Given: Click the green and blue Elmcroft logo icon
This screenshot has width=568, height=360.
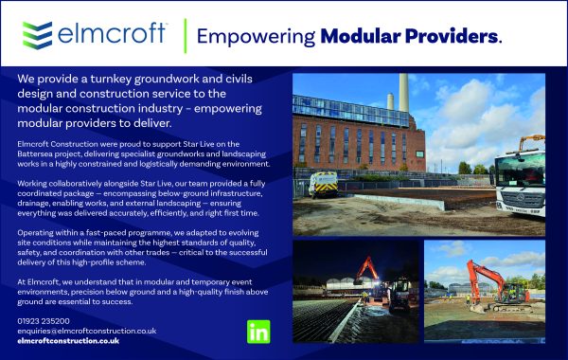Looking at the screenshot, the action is tap(37, 35).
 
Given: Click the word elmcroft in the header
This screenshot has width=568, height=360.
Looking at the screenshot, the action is tap(111, 34).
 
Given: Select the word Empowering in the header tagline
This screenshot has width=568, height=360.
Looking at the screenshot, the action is tap(256, 37).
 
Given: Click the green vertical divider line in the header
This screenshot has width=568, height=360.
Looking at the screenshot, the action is tap(186, 36).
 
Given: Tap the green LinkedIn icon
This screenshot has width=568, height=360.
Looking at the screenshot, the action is tap(258, 332).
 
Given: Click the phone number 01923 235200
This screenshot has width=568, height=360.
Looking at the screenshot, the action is tap(44, 321).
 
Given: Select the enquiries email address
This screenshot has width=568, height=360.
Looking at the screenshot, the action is tap(87, 331).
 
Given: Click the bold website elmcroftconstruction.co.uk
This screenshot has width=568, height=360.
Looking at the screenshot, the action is tap(68, 341).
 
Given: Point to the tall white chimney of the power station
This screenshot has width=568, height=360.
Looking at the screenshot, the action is tap(404, 93).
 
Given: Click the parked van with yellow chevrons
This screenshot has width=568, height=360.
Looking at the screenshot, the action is tap(324, 184).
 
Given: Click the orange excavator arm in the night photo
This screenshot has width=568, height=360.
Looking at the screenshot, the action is tap(366, 269).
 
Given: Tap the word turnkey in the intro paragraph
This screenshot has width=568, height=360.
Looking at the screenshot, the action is tap(111, 79).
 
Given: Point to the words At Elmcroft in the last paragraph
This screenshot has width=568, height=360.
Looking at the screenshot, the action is tap(38, 281).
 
